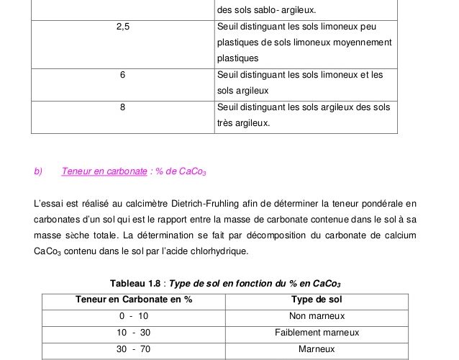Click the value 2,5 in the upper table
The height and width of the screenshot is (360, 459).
(x=122, y=27)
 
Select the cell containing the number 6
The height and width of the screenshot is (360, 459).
(x=122, y=74)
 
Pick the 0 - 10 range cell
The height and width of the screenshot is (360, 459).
(x=134, y=316)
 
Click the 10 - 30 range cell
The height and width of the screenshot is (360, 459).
(x=134, y=333)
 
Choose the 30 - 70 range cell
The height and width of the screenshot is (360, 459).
(x=134, y=349)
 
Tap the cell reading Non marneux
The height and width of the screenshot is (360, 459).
(x=317, y=316)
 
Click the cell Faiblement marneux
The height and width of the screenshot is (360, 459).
(x=317, y=333)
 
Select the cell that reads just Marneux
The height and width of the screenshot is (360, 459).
(x=317, y=349)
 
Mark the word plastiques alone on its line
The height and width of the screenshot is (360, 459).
(x=236, y=58)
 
